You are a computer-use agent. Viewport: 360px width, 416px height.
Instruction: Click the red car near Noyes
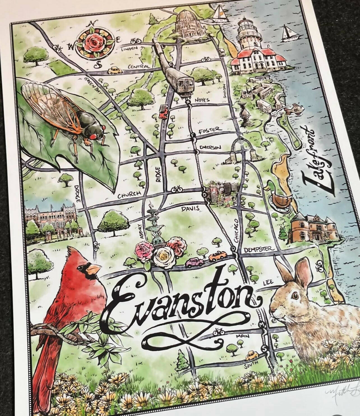point(163,112)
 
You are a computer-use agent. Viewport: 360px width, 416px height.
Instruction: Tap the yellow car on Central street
point(114,70)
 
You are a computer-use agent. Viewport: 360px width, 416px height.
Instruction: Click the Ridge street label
point(158,174)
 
